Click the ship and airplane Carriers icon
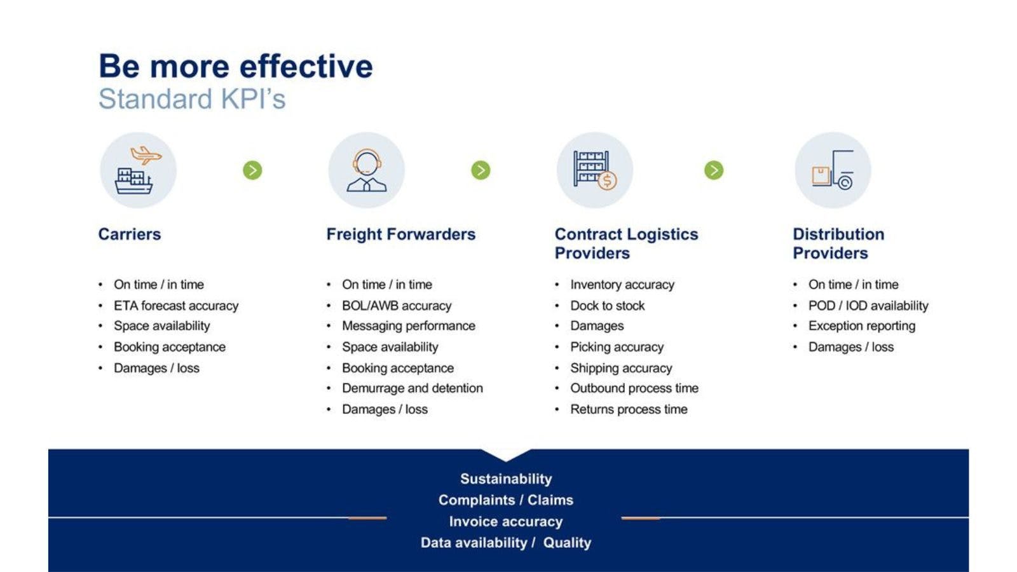click(138, 170)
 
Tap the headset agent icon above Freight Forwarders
click(366, 170)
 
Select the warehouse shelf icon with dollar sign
click(594, 170)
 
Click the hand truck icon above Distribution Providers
click(833, 170)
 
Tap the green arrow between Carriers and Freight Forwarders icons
click(252, 170)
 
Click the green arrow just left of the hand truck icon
click(714, 170)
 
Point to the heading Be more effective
click(235, 66)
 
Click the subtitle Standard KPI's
click(192, 99)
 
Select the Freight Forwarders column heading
click(400, 234)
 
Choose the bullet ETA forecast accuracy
click(176, 306)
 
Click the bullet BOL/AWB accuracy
click(397, 306)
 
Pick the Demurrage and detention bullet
click(413, 388)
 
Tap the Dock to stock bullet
click(607, 306)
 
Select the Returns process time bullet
click(629, 409)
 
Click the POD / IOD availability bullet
click(868, 306)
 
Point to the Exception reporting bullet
click(862, 326)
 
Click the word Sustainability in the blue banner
click(506, 479)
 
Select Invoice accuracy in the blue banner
click(506, 521)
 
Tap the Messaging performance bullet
click(409, 326)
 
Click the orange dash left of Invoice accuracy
click(367, 519)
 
